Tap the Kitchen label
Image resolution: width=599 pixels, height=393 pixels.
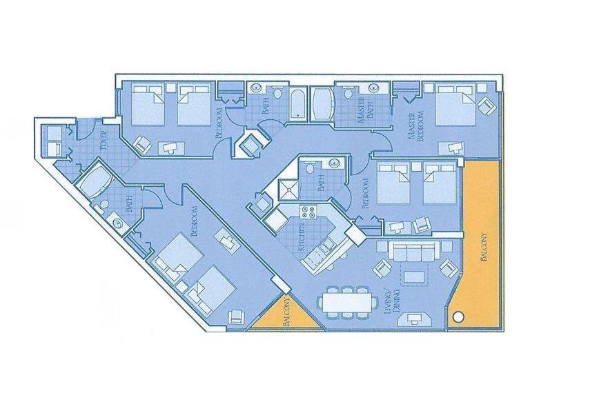point(302,236)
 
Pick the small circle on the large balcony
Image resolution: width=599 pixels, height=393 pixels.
point(458,316)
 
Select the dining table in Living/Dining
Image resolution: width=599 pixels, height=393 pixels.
point(347,302)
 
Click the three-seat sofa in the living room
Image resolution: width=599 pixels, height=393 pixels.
point(411,251)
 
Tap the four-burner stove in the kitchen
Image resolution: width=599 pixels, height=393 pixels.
point(308,212)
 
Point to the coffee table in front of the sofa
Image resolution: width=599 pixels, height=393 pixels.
point(414,276)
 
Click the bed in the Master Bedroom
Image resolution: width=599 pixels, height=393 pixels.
point(455,105)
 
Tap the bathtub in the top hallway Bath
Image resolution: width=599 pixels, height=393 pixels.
point(297,104)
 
